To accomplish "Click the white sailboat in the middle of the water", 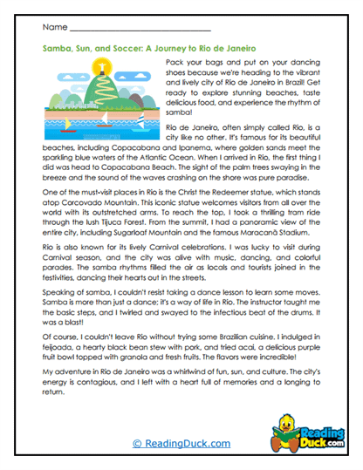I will pyautogui.click(x=104, y=119).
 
